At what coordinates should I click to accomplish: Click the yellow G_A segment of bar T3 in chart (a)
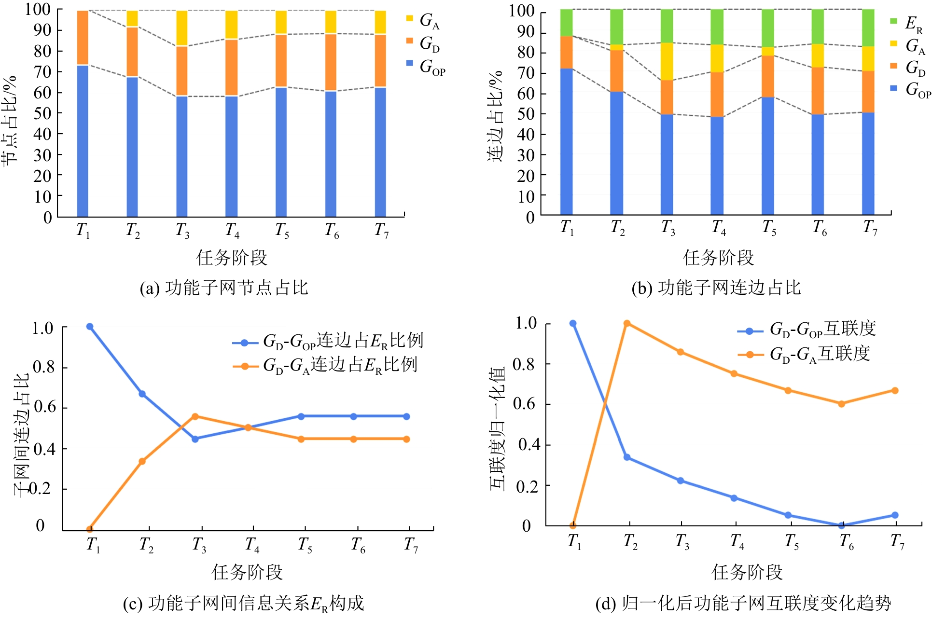(x=181, y=28)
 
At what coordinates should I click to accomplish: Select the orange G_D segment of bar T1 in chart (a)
(x=83, y=38)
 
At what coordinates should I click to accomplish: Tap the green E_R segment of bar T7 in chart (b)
(x=868, y=28)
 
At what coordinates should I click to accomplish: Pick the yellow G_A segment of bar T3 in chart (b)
(x=667, y=61)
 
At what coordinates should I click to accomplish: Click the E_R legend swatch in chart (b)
(x=894, y=21)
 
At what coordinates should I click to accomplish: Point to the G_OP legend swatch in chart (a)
(x=410, y=63)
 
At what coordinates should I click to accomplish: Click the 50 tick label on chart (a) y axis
(x=42, y=113)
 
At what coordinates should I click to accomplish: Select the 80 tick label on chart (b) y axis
(x=526, y=53)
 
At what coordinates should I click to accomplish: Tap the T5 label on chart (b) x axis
(x=769, y=227)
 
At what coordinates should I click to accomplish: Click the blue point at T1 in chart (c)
(x=90, y=327)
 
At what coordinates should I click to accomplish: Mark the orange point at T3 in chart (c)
(x=195, y=416)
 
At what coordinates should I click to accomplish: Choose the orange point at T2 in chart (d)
(x=627, y=323)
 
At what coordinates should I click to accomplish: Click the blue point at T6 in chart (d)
(x=842, y=525)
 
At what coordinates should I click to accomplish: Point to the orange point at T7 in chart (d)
(x=895, y=390)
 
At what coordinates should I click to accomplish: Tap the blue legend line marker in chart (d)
(x=750, y=331)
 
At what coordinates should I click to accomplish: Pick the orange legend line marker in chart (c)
(x=245, y=366)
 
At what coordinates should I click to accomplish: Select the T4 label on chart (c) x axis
(x=252, y=546)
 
